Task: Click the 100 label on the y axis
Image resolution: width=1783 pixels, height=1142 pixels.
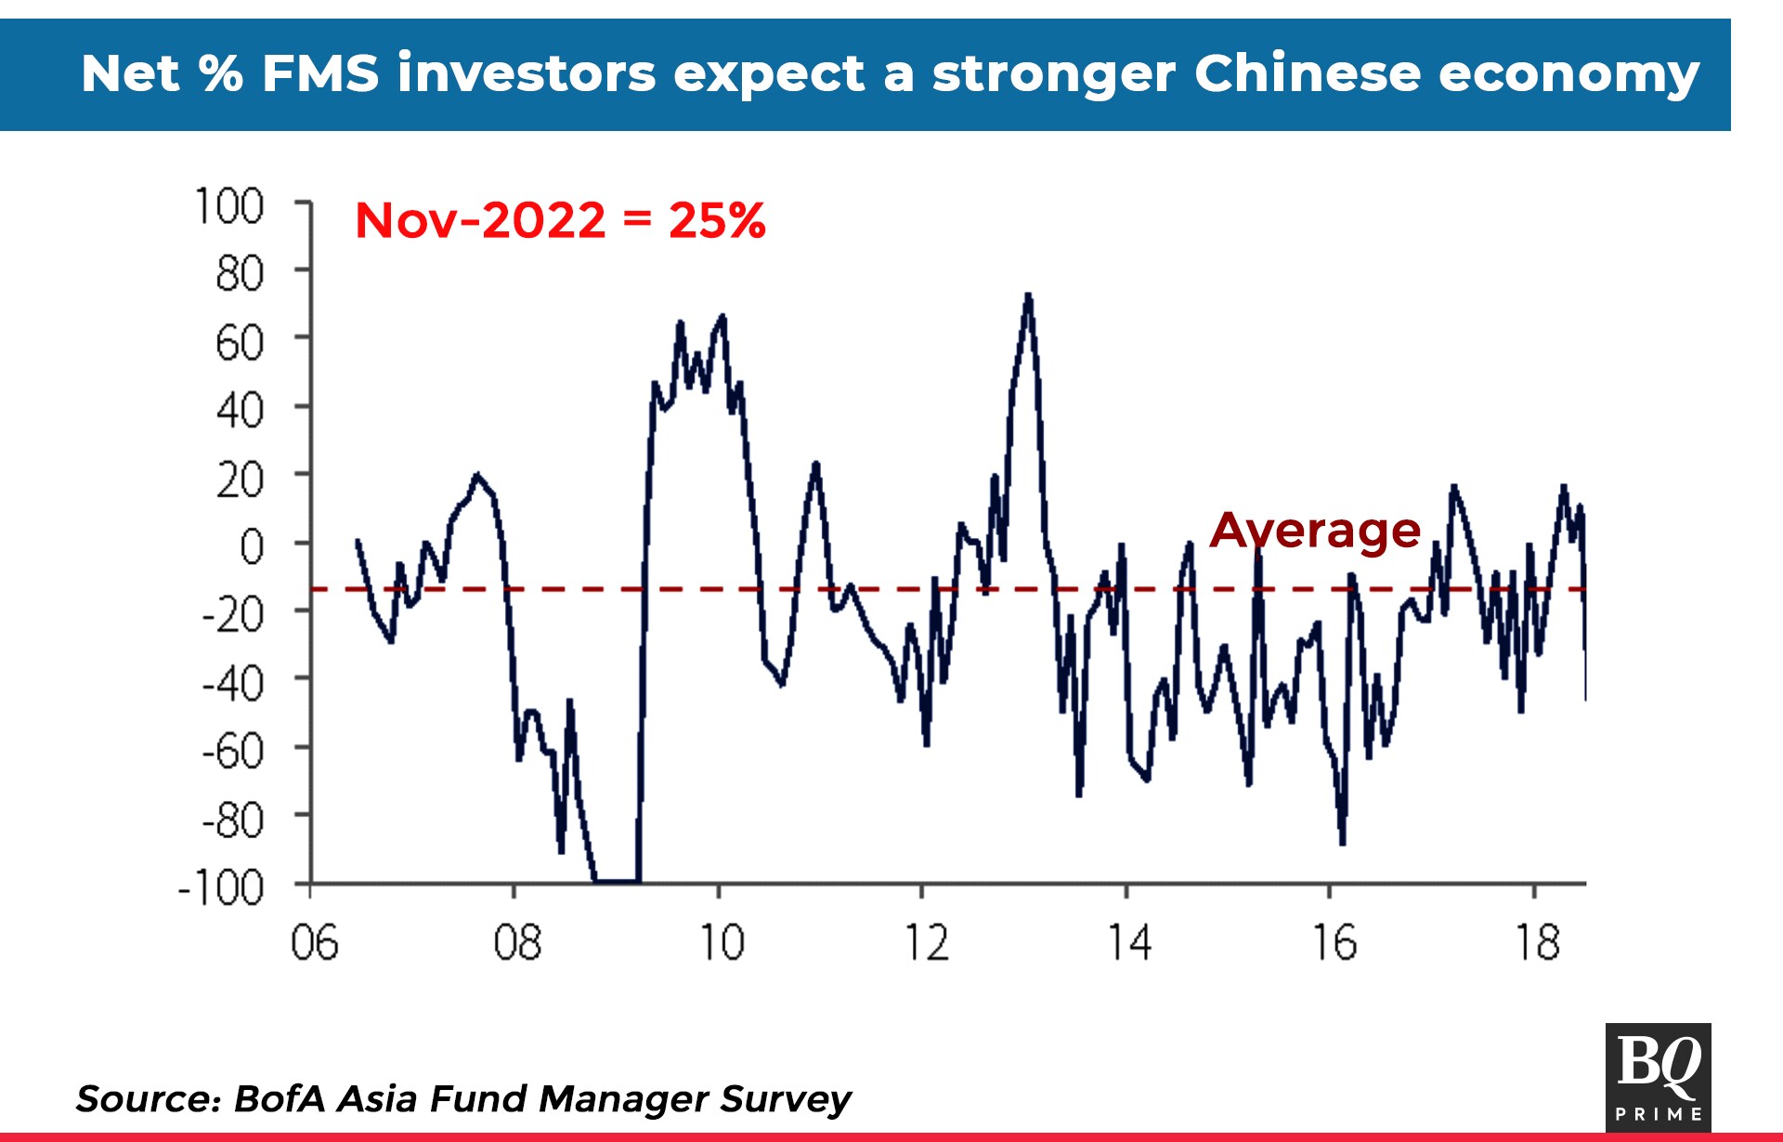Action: (229, 205)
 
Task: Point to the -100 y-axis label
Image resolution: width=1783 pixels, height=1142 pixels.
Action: (221, 888)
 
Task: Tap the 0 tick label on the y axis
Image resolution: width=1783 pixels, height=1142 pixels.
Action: (252, 546)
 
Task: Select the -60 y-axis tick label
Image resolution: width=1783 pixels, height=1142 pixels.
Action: (233, 751)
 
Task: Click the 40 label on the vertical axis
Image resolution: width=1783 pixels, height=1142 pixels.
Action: (240, 410)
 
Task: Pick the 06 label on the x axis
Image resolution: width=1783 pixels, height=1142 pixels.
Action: (314, 943)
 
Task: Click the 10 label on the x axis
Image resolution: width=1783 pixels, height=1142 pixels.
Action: (721, 943)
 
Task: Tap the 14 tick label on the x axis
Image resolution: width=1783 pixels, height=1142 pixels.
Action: (1129, 943)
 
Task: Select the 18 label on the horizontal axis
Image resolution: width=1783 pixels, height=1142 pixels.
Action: (1537, 943)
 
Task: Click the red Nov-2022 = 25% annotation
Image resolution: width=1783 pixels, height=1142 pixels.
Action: (560, 220)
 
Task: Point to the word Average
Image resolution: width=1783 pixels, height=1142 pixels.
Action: (1315, 531)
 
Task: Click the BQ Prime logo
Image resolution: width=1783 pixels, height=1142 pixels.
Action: (1658, 1077)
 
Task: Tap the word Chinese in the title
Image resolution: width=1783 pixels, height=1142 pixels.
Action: (1308, 73)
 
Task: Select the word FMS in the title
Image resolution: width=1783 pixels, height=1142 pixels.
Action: (320, 73)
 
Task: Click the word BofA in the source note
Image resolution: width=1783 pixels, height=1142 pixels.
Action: (280, 1098)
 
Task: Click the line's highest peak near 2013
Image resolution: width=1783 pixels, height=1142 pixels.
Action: (1028, 296)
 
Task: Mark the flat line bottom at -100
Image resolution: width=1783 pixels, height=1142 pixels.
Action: (617, 880)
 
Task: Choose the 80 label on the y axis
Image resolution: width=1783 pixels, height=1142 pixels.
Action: (240, 274)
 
